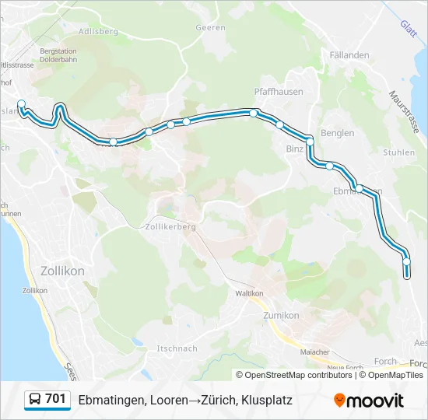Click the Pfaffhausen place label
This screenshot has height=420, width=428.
[x=279, y=91]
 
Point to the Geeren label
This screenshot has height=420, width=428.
[x=211, y=27]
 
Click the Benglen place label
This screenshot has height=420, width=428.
[x=337, y=133]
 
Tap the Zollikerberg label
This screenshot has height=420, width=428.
[x=170, y=227]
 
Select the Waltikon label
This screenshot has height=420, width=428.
[x=250, y=293]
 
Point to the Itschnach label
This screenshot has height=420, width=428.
[x=177, y=348]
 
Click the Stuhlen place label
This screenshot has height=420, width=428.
[x=399, y=152]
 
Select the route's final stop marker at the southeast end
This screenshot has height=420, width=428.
[x=406, y=262]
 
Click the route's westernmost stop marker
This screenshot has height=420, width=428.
[x=21, y=103]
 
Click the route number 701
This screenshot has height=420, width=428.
[x=55, y=399]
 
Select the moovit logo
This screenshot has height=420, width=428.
[x=369, y=400]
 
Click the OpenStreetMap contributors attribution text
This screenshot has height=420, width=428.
[x=298, y=375]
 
